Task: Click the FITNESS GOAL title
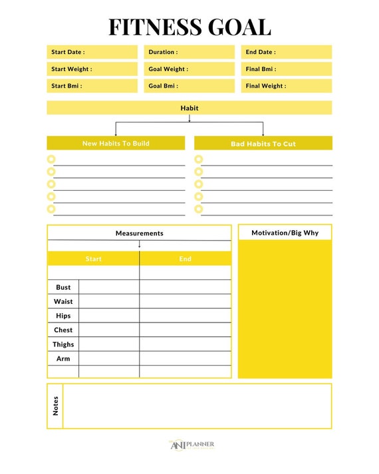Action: point(189,27)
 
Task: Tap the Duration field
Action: point(189,52)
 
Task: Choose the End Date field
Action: point(286,52)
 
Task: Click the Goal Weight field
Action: point(189,69)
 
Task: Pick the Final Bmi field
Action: point(286,69)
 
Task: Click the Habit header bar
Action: point(189,108)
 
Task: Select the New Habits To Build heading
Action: point(116,144)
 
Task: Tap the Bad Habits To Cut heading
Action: point(263,144)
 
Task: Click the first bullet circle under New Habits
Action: point(51,160)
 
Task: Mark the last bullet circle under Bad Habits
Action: point(198,209)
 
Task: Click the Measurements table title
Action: point(139,233)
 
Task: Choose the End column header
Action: point(185,259)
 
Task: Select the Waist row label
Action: point(63,301)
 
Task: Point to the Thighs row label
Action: point(63,344)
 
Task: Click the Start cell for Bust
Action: point(108,287)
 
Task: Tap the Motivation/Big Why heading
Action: point(285,233)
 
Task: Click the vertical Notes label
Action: point(55,406)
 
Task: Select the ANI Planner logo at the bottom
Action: point(191,445)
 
